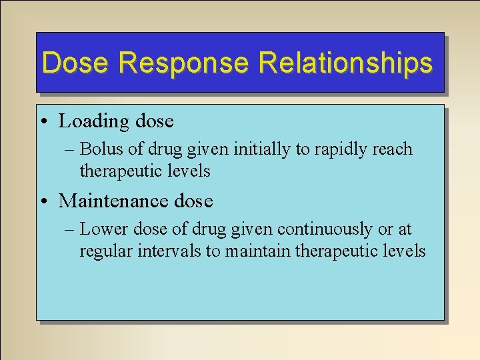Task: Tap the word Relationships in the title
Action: point(345,63)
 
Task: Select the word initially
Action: point(264,149)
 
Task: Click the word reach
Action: point(393,149)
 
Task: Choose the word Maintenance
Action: point(117,201)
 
